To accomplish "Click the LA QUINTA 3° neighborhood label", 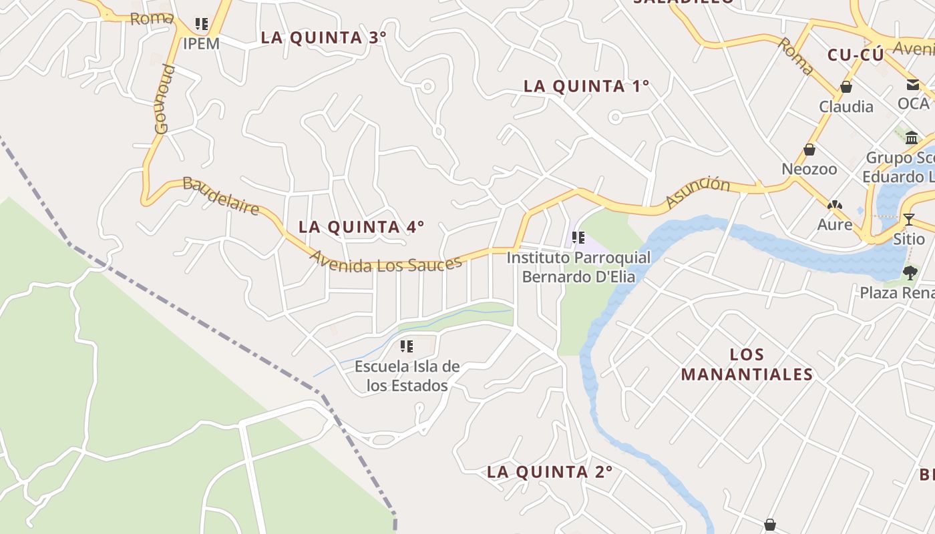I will coord(323,37).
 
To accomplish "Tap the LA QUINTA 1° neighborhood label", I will coord(586,86).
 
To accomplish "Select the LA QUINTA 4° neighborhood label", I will coord(361,227).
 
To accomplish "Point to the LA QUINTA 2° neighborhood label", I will coord(549,472).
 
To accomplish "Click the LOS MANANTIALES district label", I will coord(747,364).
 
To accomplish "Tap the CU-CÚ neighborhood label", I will coord(855,55).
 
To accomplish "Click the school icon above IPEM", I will coord(201,24).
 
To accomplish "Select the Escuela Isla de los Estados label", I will coord(407,376).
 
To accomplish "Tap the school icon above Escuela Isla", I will coord(406,346).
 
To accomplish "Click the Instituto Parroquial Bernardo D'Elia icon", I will coord(578,237).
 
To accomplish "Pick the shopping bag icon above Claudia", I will coord(846,87).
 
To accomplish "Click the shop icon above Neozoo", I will coord(809,150).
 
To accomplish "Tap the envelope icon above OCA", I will coord(913,84).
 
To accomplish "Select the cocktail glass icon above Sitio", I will coord(908,219).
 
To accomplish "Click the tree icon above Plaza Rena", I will coord(910,272).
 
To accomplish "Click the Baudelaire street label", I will coord(220,196).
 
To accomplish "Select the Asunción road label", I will coord(698,193).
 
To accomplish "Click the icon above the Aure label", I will coord(834,206).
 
